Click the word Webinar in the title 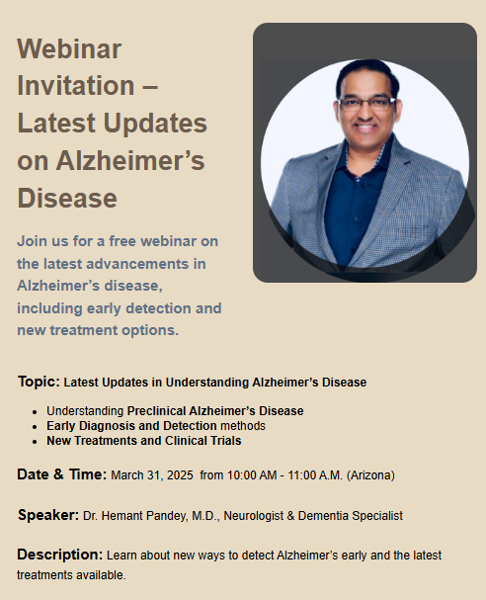69,48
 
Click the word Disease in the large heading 67,198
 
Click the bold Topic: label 39,382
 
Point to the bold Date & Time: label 61,474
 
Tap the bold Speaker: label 48,515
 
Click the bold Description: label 59,555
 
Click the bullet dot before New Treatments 36,442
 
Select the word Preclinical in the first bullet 159,410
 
